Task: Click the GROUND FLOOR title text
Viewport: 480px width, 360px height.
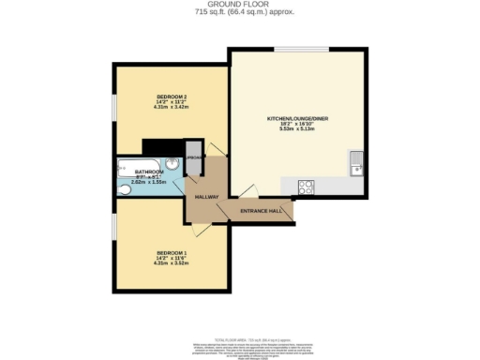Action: pos(240,6)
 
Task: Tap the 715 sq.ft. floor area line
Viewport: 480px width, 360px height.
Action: pos(240,13)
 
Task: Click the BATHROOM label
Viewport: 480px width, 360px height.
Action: pos(149,172)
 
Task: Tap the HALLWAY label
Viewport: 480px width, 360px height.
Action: pos(206,197)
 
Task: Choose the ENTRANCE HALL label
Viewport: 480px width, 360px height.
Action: pos(262,212)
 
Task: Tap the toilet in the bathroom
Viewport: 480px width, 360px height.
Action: pos(125,188)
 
